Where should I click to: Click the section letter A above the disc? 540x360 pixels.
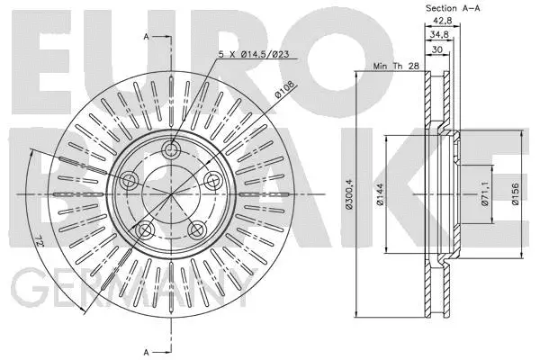[145, 36]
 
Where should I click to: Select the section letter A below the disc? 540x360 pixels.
[145, 350]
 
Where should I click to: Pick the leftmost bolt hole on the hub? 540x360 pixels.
[129, 181]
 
